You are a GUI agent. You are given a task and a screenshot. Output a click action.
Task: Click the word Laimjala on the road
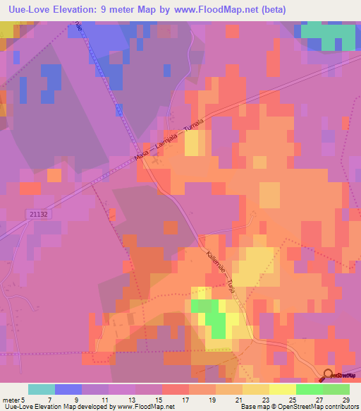point(169,143)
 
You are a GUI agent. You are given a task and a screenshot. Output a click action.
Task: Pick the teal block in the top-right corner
point(327,35)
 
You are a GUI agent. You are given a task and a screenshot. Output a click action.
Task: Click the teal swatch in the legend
point(42,389)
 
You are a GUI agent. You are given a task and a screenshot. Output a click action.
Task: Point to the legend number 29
point(345,400)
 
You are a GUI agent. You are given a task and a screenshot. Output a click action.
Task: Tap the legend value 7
point(50,400)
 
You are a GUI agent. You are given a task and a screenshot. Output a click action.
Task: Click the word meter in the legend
point(10,400)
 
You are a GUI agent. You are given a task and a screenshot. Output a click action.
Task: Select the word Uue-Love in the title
point(27,10)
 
